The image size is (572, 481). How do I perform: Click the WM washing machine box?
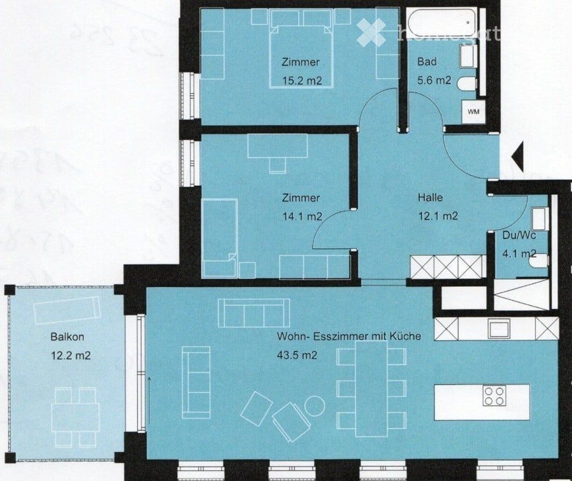(x=473, y=111)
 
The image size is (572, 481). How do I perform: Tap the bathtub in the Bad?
(x=443, y=23)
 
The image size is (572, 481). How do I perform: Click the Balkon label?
(x=67, y=337)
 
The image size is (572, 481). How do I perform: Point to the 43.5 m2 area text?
(x=296, y=356)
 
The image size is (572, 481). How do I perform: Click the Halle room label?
(x=430, y=198)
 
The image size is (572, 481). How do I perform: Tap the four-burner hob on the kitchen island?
(x=494, y=395)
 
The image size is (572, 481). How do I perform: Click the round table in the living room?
(x=314, y=406)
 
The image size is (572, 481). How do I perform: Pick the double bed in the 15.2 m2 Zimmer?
(x=301, y=49)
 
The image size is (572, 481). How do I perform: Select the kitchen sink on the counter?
(x=499, y=328)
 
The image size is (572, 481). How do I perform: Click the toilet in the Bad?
(x=467, y=84)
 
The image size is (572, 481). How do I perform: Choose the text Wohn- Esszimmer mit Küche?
(x=349, y=336)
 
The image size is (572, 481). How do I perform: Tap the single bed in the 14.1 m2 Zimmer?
(x=219, y=238)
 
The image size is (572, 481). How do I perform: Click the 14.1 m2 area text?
(x=302, y=217)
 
